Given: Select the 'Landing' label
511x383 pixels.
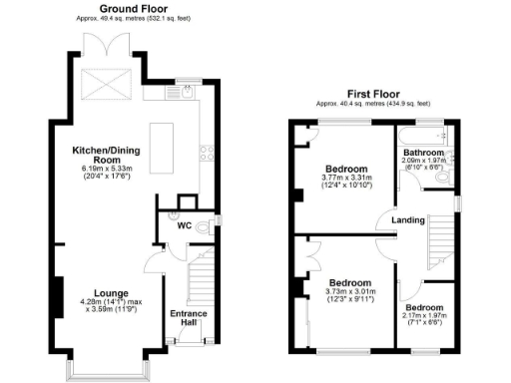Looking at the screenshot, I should click(x=409, y=219).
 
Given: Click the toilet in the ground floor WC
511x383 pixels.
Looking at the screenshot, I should click(x=205, y=227).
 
